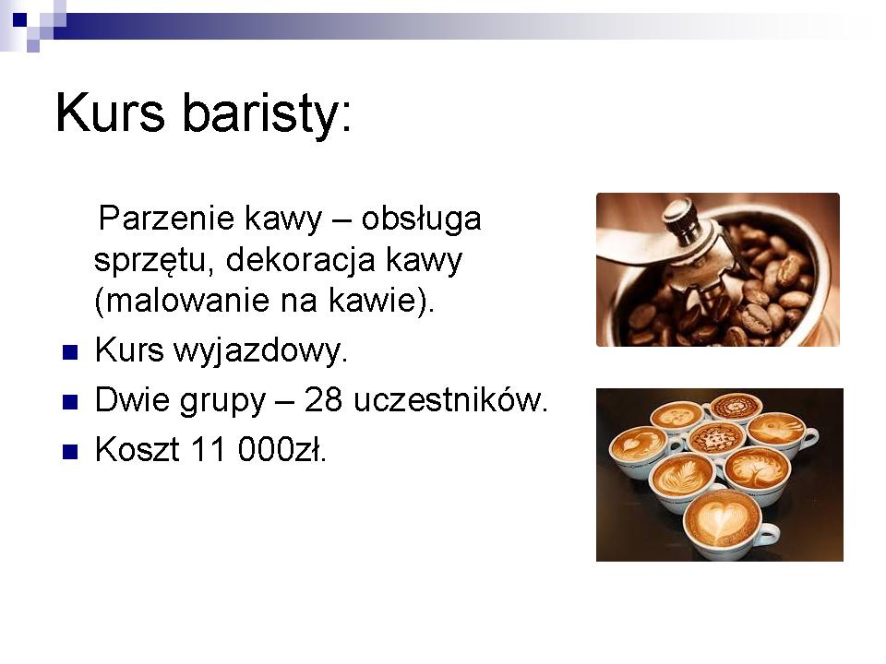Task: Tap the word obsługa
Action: pyautogui.click(x=421, y=220)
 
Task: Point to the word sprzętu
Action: pyautogui.click(x=154, y=261)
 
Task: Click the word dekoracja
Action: pyautogui.click(x=301, y=261)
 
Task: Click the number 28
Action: pyautogui.click(x=323, y=400)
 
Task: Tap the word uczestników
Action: pyautogui.click(x=449, y=400)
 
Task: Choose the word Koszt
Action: pyautogui.click(x=138, y=450)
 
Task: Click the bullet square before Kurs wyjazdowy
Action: pyautogui.click(x=70, y=353)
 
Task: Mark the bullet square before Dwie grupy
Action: pyautogui.click(x=70, y=403)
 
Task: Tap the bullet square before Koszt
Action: pyautogui.click(x=70, y=452)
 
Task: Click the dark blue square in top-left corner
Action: pyautogui.click(x=19, y=19)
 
